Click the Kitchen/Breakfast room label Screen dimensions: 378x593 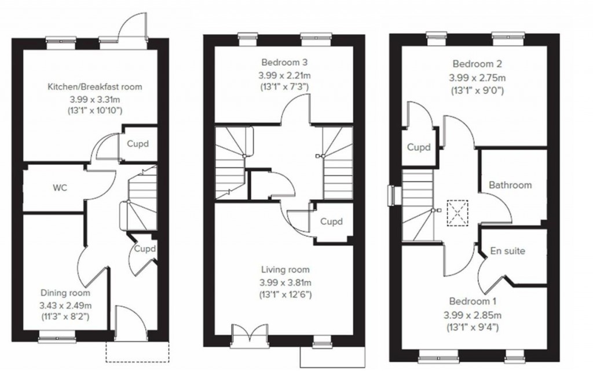pos(94,87)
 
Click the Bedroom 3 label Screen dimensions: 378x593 pos(284,62)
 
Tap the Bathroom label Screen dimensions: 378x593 pos(510,186)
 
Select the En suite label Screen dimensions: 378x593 pos(507,251)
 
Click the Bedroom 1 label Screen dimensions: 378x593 pos(474,302)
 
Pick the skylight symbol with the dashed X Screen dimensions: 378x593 pos(457,212)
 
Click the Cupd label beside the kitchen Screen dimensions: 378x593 pos(137,143)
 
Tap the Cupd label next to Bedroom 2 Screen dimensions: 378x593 pos(418,147)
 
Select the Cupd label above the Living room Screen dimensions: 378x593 pos(331,221)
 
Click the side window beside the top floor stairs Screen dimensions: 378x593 pos(393,195)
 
